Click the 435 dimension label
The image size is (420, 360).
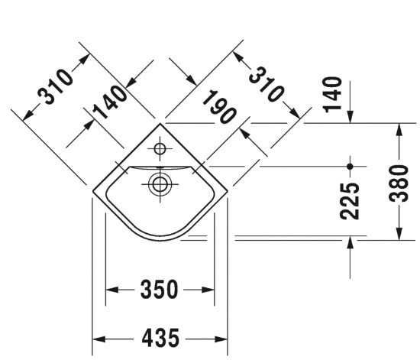tap(161, 337)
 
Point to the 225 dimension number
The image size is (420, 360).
tap(350, 200)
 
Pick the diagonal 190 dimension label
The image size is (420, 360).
tap(219, 106)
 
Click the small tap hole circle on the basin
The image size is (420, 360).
tap(160, 148)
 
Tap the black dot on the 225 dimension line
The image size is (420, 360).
tap(350, 165)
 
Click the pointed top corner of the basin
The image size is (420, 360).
tap(160, 122)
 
